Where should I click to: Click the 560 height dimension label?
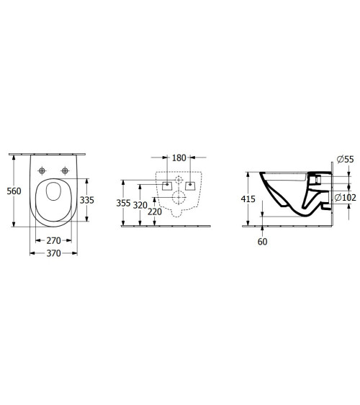click(13, 191)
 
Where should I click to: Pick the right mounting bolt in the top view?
click(66, 170)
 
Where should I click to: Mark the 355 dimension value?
click(124, 204)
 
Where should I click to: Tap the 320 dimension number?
click(140, 205)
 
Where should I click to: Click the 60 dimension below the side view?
click(261, 242)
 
